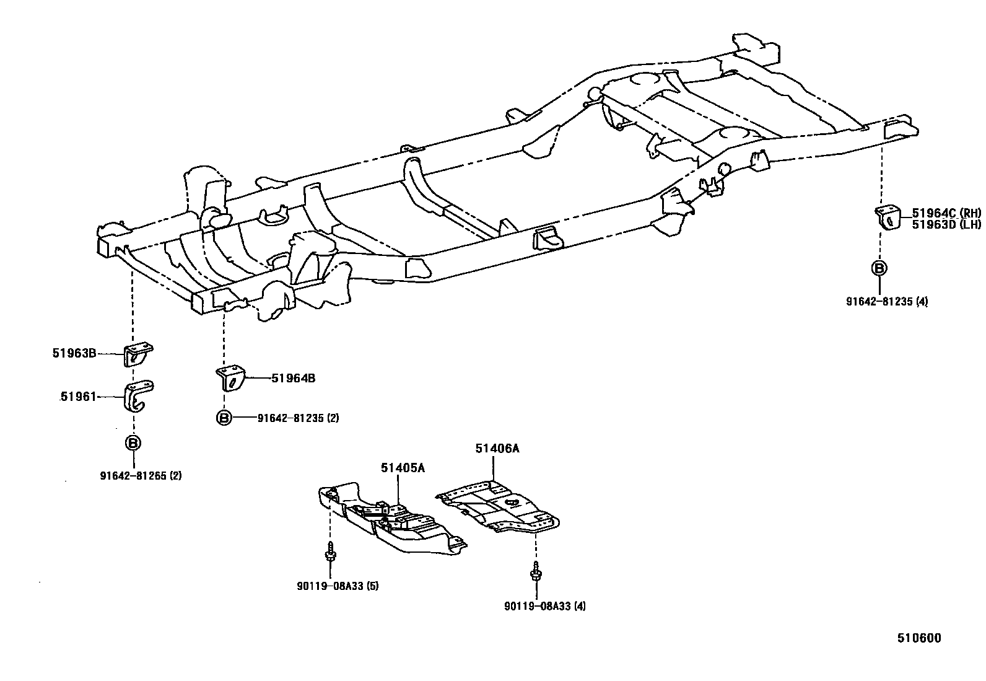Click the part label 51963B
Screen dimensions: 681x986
[74, 354]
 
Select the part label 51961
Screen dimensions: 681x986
[78, 397]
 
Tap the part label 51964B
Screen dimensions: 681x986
[293, 378]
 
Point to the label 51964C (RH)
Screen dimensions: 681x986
[946, 213]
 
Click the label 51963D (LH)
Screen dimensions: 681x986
[946, 224]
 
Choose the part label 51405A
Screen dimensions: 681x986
[403, 468]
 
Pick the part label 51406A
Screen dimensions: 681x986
[497, 448]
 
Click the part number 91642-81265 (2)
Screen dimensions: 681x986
[141, 476]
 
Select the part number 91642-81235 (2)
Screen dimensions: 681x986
[298, 418]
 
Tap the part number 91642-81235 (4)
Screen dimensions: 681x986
[887, 302]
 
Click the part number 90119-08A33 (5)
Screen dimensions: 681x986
[338, 586]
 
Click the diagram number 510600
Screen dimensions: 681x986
[920, 638]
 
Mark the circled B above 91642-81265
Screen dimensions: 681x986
[133, 443]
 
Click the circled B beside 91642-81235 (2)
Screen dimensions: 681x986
[224, 418]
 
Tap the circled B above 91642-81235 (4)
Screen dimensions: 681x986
[879, 268]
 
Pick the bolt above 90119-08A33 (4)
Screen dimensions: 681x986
[534, 571]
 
